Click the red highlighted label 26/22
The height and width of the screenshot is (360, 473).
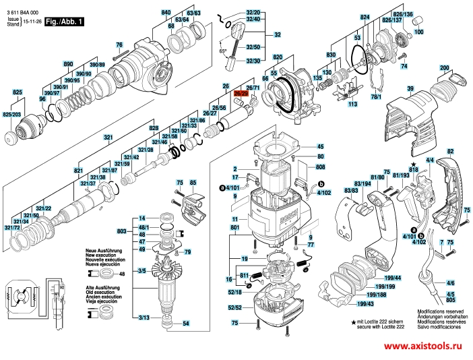pyautogui.click(x=241, y=95)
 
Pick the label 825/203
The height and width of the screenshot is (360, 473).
pyautogui.click(x=12, y=115)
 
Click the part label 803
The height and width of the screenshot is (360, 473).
pyautogui.click(x=121, y=231)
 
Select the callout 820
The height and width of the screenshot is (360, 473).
pyautogui.click(x=278, y=59)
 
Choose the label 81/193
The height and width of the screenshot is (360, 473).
pyautogui.click(x=401, y=176)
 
